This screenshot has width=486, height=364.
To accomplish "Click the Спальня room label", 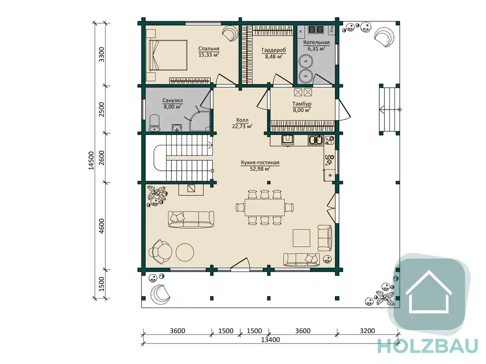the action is [x=209, y=49].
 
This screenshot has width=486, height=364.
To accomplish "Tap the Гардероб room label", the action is [x=274, y=50].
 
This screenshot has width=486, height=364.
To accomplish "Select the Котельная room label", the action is [x=317, y=43].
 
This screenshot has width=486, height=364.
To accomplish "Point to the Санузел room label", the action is [x=173, y=101].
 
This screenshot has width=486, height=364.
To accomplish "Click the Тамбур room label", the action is [x=301, y=104].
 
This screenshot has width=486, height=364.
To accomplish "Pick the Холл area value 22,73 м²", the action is [x=242, y=126].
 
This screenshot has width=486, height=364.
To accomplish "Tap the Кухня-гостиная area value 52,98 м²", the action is [x=260, y=169].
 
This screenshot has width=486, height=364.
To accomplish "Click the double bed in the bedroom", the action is [x=168, y=55].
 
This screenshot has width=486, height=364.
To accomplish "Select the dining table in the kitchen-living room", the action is [x=265, y=207].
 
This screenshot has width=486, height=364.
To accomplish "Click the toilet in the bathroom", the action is [x=154, y=123].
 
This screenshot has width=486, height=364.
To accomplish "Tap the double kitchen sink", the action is [x=316, y=140].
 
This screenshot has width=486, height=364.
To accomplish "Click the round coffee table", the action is [x=185, y=252].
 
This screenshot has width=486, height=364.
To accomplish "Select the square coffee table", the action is [x=301, y=238].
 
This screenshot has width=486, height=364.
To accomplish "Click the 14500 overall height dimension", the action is [x=91, y=160].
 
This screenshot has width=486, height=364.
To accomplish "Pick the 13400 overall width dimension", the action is [x=270, y=340].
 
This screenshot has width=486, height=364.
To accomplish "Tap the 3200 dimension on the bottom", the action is [x=367, y=331].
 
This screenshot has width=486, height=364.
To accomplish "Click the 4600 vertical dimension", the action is [x=102, y=226].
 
